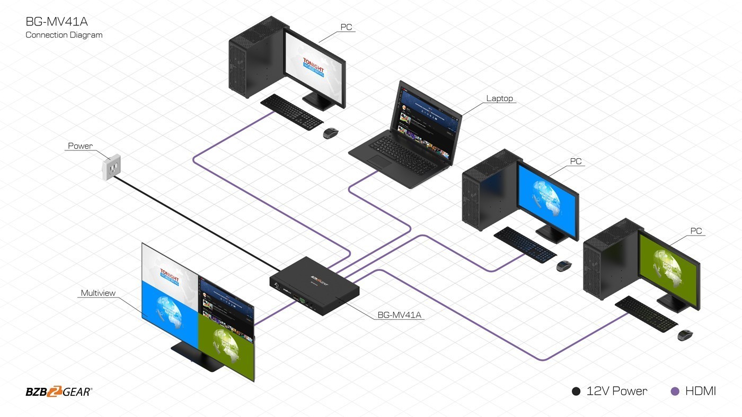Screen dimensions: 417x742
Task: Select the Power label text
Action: click(x=80, y=146)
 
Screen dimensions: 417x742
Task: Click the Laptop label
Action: click(x=500, y=98)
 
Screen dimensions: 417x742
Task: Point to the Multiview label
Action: click(x=98, y=293)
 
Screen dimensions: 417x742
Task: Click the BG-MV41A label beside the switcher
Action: click(x=399, y=315)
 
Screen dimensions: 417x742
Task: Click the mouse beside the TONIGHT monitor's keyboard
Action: click(x=331, y=133)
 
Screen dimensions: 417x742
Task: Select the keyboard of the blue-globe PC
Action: click(x=525, y=244)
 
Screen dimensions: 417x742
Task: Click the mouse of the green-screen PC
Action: click(x=685, y=335)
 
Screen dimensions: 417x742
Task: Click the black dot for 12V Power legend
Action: click(x=576, y=392)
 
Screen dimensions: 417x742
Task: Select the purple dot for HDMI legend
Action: click(x=675, y=392)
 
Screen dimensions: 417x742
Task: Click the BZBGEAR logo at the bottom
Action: click(x=59, y=392)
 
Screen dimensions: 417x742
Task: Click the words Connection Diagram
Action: click(x=64, y=35)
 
